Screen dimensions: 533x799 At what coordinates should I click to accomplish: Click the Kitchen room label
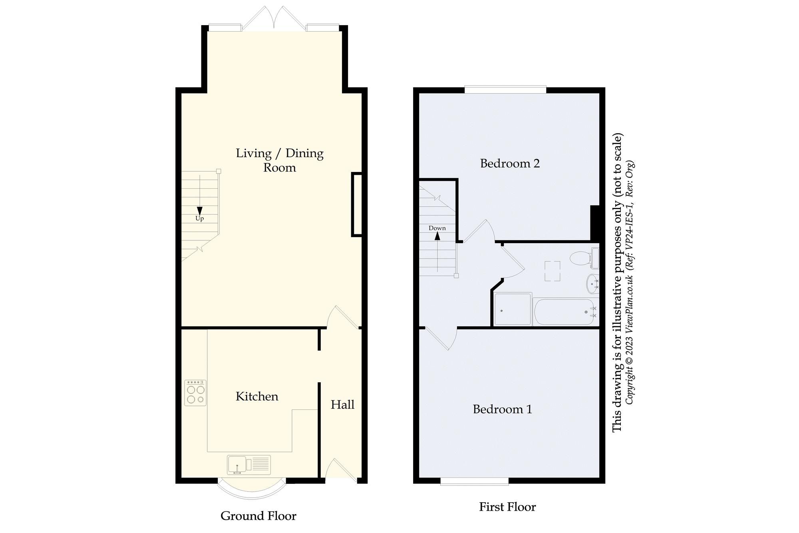pyautogui.click(x=257, y=396)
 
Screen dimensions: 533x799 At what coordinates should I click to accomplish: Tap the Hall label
pyautogui.click(x=342, y=405)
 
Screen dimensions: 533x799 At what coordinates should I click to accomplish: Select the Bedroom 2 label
pyautogui.click(x=510, y=163)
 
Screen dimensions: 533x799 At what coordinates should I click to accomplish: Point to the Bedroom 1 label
pyautogui.click(x=502, y=409)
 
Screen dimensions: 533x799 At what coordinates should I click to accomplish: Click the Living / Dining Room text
pyautogui.click(x=279, y=160)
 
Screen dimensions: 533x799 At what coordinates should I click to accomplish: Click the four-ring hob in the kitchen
pyautogui.click(x=195, y=393)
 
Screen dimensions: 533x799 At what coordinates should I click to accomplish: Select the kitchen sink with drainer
pyautogui.click(x=248, y=465)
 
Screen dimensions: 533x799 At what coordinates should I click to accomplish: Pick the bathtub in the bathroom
pyautogui.click(x=565, y=312)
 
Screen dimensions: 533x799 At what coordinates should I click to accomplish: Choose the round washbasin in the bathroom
pyautogui.click(x=592, y=284)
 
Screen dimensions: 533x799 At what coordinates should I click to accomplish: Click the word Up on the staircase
pyautogui.click(x=199, y=218)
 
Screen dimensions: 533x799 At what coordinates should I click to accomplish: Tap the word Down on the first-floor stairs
pyautogui.click(x=437, y=228)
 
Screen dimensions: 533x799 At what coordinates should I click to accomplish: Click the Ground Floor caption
pyautogui.click(x=258, y=516)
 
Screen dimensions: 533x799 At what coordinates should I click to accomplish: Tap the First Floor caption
pyautogui.click(x=507, y=507)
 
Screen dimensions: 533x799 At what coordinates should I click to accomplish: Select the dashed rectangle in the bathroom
pyautogui.click(x=552, y=271)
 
